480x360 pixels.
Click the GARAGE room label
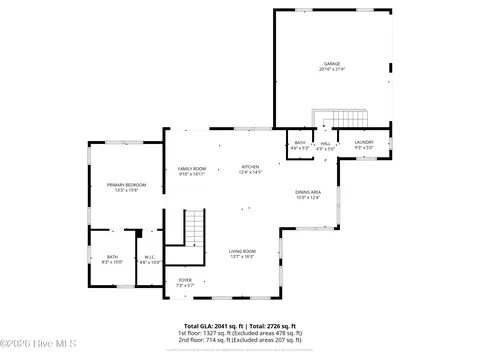coord(331,63)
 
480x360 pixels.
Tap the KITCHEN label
coord(250,166)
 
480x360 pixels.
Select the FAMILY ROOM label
coord(192,167)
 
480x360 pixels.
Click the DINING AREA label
coord(307,191)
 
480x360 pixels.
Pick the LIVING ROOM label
coord(242,251)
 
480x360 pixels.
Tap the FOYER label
coord(185,279)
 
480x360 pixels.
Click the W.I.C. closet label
coord(148,257)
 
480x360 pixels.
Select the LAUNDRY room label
coord(364,143)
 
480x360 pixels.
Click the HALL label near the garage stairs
coord(326,143)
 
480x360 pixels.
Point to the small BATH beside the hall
coord(300,143)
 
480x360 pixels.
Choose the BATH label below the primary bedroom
coord(113,257)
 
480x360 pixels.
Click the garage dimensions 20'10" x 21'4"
coord(331,70)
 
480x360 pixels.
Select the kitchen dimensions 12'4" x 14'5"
coord(250,172)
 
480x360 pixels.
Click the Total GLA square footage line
coord(239,325)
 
